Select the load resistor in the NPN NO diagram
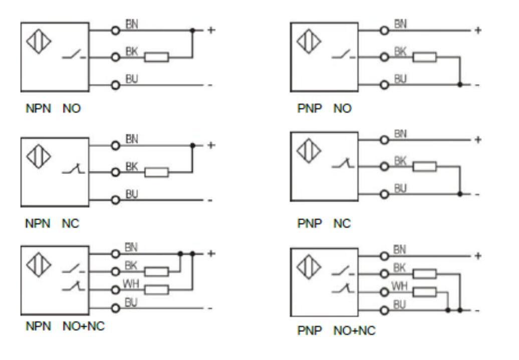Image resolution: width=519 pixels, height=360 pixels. (x=156, y=57)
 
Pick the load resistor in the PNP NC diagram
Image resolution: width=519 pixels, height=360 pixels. (x=425, y=166)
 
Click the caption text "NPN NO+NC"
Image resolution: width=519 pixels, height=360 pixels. (x=65, y=326)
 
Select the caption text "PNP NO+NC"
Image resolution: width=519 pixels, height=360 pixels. (x=336, y=331)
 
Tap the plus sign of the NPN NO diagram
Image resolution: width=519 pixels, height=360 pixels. (x=211, y=30)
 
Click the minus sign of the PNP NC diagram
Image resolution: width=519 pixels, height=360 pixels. (x=477, y=195)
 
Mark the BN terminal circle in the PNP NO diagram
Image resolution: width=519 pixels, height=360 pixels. (x=385, y=31)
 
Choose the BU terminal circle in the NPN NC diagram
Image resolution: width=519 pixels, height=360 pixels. (x=116, y=200)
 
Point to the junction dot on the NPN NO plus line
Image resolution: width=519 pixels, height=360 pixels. (x=192, y=31)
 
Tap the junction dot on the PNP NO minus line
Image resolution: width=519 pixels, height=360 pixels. (x=460, y=85)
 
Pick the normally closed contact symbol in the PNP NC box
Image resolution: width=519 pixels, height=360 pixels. (x=342, y=163)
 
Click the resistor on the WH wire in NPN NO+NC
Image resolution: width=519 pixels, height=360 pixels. (x=156, y=289)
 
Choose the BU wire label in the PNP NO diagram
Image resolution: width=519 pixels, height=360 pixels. (x=400, y=79)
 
